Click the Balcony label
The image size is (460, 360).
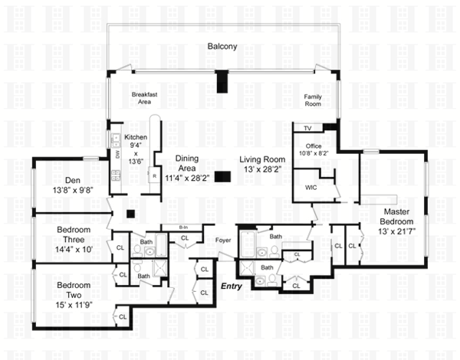tap(222, 47)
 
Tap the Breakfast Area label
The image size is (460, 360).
tap(144, 97)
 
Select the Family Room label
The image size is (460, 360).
tap(313, 100)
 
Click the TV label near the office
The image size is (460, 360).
tap(308, 128)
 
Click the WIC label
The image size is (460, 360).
tap(311, 185)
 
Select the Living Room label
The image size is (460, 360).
tap(261, 164)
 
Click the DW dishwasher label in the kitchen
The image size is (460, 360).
tap(117, 153)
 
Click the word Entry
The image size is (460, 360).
tap(232, 286)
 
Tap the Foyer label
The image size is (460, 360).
tap(223, 240)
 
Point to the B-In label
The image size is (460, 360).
tap(183, 227)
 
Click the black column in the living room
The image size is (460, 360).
tap(222, 177)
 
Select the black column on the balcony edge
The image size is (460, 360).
tap(222, 80)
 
